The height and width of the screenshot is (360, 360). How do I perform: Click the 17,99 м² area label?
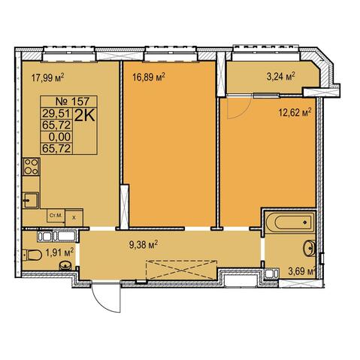pyautogui.click(x=47, y=77)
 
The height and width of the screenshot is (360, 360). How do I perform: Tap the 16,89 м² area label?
pyautogui.click(x=149, y=77)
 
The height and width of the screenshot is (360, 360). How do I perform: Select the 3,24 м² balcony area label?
pyautogui.click(x=280, y=77)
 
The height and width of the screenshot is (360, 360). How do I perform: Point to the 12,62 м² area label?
pyautogui.click(x=295, y=113)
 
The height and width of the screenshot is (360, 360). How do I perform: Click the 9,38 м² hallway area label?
pyautogui.click(x=144, y=244)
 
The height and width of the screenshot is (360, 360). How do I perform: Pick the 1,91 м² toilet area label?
pyautogui.click(x=59, y=253)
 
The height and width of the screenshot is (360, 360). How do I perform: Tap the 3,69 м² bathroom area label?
pyautogui.click(x=301, y=272)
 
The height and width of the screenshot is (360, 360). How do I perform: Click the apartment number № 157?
pyautogui.click(x=72, y=101)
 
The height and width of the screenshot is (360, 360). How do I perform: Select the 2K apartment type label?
pyautogui.click(x=85, y=116)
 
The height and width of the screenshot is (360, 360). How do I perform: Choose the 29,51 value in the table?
pyautogui.click(x=56, y=113)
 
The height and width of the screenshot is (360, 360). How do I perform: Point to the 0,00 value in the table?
pyautogui.click(x=60, y=137)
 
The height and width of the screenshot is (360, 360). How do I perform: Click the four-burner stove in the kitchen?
pyautogui.click(x=32, y=167)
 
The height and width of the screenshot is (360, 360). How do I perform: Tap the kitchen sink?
pyautogui.click(x=31, y=201)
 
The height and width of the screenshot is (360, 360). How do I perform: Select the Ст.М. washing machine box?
pyautogui.click(x=56, y=216)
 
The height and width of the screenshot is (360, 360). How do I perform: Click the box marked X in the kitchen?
pyautogui.click(x=74, y=218)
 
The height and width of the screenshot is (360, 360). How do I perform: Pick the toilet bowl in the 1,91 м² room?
pyautogui.click(x=32, y=256)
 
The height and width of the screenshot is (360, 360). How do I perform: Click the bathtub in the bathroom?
pyautogui.click(x=290, y=222)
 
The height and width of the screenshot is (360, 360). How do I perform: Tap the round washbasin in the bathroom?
pyautogui.click(x=310, y=248)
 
